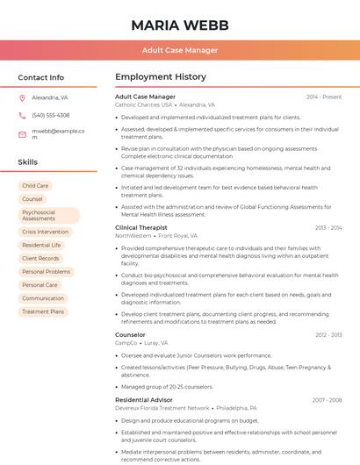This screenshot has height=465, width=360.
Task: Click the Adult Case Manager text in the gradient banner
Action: tap(180, 50)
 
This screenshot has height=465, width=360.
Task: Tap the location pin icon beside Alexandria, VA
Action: tap(22, 97)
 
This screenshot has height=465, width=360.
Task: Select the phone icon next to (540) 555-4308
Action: tap(22, 115)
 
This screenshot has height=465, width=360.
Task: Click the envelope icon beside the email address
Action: tap(22, 134)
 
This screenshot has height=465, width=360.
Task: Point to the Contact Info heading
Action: tap(40, 77)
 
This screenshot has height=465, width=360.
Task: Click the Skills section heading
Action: tap(27, 162)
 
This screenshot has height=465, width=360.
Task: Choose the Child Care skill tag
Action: tap(35, 186)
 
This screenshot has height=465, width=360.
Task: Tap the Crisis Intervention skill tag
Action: tap(45, 232)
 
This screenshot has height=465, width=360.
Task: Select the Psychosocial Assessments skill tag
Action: tap(48, 216)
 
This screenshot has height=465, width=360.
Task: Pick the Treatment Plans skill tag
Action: tap(43, 311)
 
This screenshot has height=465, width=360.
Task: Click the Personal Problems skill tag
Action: tap(46, 272)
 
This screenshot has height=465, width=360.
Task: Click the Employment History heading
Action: tap(160, 77)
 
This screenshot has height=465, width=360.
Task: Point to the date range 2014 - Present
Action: tap(324, 97)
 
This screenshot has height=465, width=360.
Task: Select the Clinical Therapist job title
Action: tap(140, 227)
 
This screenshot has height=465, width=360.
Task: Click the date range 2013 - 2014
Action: tap(328, 228)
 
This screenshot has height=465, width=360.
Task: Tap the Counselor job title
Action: tap(130, 334)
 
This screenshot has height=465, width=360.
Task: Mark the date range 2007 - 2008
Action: tap(327, 400)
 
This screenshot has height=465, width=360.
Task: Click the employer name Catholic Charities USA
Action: tap(143, 104)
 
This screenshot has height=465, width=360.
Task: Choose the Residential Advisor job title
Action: tap(143, 400)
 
